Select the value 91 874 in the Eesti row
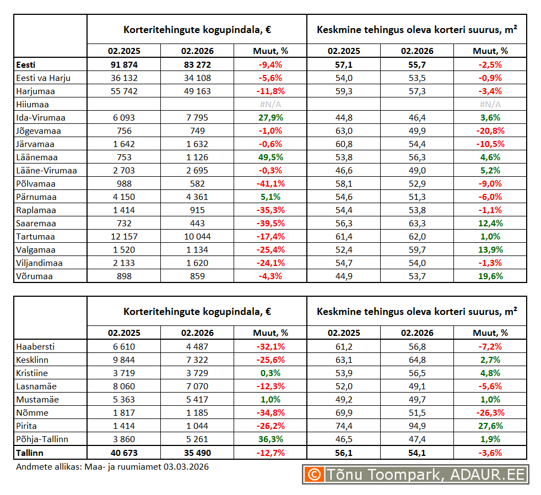123,64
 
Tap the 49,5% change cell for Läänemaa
270,157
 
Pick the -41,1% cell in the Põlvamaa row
270,183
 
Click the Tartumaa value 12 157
123,236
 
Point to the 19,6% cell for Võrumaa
490,276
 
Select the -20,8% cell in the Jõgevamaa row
490,130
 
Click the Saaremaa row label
36,223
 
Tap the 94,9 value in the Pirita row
417,426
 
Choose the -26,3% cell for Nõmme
490,412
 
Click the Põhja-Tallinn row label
43,439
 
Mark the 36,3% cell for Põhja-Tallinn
270,439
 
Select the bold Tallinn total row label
30,453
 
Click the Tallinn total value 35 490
197,453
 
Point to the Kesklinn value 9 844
123,360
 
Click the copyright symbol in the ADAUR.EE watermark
314,474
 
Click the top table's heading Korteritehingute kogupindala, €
197,29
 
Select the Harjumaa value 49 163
197,91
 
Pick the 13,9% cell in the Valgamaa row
490,249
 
